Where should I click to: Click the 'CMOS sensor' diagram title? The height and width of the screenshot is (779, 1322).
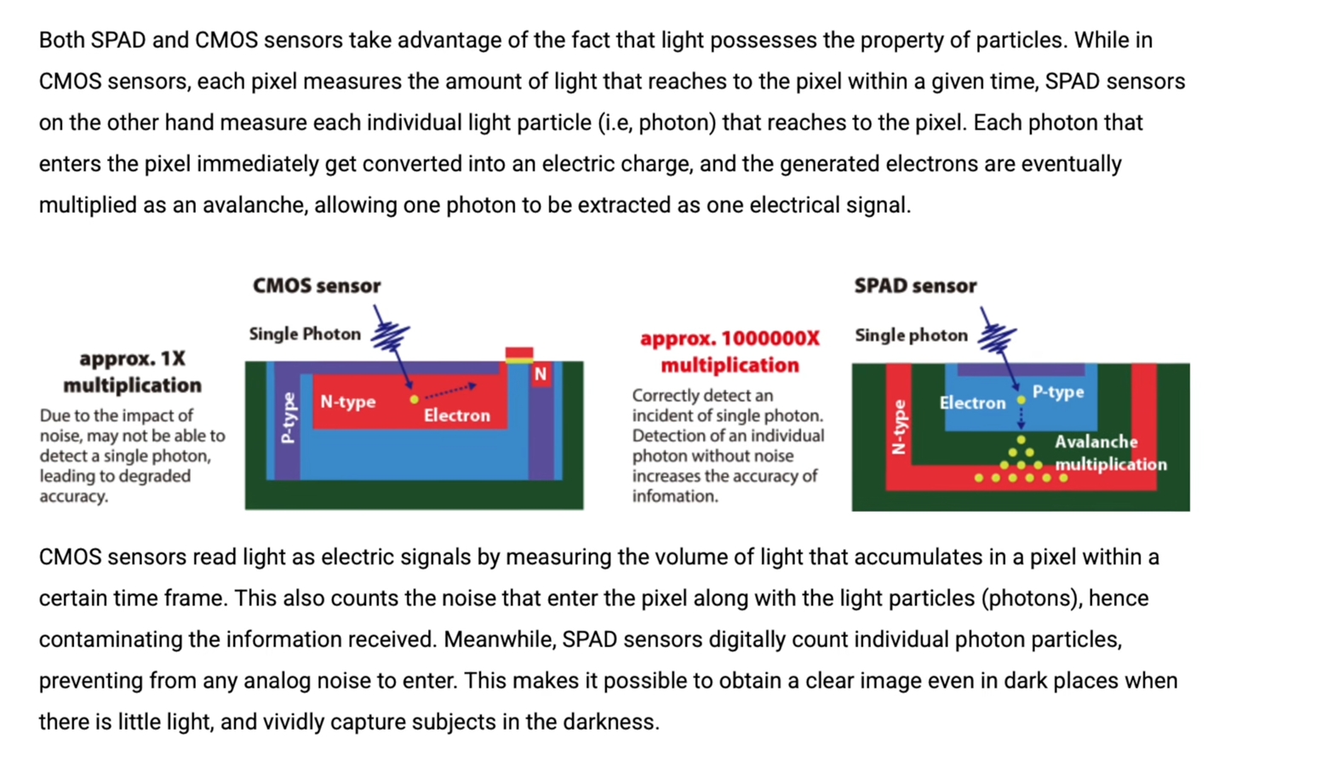point(316,286)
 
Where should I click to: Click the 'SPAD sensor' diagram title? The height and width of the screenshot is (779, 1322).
point(915,286)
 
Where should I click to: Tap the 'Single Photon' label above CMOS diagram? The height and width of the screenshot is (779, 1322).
point(305,334)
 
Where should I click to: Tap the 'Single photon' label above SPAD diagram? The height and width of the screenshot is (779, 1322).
point(911,335)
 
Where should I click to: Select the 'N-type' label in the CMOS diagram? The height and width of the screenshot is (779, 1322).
point(347,402)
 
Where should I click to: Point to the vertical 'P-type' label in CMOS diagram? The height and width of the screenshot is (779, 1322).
point(288,418)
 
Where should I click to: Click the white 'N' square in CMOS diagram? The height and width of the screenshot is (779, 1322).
point(540,374)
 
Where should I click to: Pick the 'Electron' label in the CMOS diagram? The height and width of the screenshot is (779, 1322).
point(457,415)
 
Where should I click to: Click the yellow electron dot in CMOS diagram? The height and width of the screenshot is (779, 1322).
point(414,398)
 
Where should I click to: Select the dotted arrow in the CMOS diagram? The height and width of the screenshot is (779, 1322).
point(450,391)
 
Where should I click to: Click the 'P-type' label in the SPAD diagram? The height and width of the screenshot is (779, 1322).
point(1058,392)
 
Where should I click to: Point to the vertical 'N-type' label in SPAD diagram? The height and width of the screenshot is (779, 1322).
point(898,427)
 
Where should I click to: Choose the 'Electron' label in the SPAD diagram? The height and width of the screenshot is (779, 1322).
point(972,403)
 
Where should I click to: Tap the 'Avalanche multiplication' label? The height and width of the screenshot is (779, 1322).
point(1109,453)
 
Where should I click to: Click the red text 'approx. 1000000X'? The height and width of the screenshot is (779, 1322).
point(730,339)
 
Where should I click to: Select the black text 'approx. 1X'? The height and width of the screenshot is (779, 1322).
point(132,358)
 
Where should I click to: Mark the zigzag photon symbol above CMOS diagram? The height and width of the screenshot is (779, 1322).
point(392,335)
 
